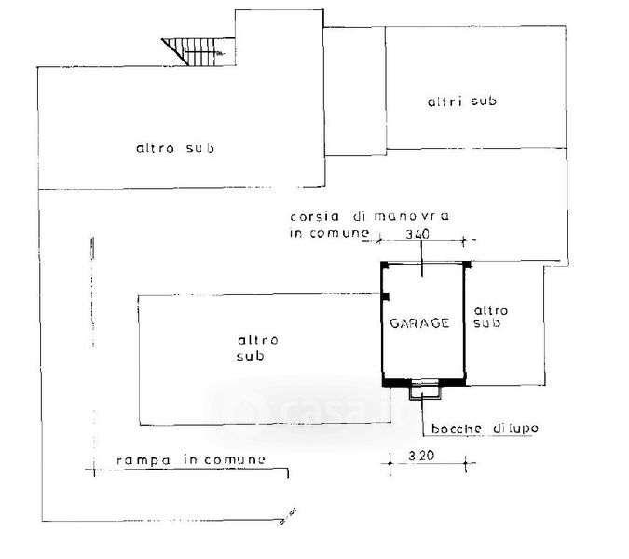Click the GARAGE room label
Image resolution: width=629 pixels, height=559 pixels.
(x=419, y=323)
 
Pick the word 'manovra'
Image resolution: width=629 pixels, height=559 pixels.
(x=411, y=216)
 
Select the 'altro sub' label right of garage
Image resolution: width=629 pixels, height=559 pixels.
(x=488, y=317)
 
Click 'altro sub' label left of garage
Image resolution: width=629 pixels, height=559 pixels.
(x=252, y=348)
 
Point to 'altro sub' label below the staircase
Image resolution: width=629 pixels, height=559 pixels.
(x=176, y=148)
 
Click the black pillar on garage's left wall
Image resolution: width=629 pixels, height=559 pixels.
(x=384, y=296)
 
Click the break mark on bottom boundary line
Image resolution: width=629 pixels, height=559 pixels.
(x=288, y=512)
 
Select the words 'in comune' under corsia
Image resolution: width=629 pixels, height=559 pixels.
(x=321, y=235)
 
